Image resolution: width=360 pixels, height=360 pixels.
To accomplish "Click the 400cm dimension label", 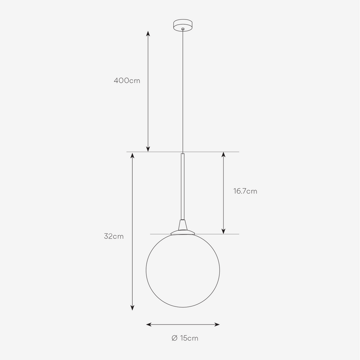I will [127, 81].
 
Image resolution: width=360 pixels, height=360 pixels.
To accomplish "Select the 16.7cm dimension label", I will [245, 191].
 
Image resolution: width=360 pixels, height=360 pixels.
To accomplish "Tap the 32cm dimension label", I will [113, 236].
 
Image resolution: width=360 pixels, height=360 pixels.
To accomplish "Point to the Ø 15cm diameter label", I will [185, 338].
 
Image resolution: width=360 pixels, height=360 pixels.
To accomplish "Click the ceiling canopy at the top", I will [182, 25].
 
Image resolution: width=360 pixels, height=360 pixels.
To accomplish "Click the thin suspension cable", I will [182, 90].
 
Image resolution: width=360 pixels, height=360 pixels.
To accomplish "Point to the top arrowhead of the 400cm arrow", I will [148, 34].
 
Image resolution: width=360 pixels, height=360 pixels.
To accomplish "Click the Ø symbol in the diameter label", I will [174, 338].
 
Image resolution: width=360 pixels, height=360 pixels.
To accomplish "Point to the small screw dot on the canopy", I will [182, 29].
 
